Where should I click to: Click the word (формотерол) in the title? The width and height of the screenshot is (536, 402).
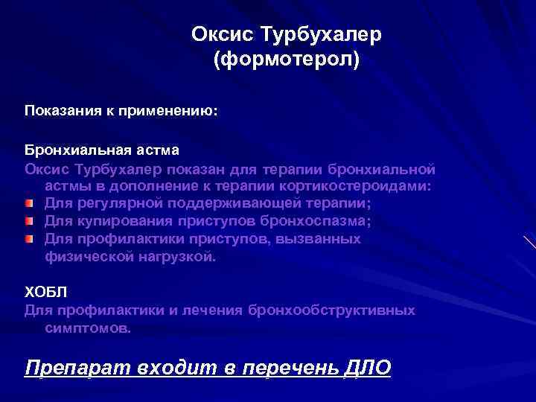point(286,60)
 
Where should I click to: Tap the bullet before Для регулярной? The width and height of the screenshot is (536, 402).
point(28,203)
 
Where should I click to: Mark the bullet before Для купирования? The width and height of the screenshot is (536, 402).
point(28,221)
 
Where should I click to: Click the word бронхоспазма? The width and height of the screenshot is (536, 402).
point(318,221)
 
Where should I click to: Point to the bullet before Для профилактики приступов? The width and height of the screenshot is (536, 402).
point(28,239)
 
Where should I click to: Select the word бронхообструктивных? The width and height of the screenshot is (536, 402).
point(332,310)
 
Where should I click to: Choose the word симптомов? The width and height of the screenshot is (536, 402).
point(87,327)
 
